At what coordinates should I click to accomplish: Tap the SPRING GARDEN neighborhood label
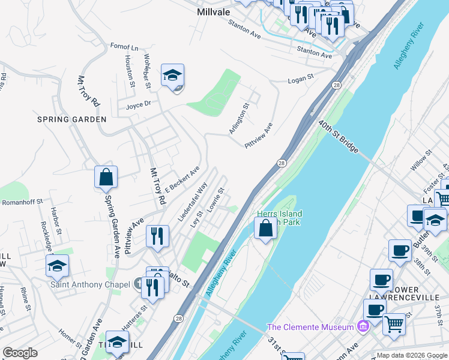point(72,119)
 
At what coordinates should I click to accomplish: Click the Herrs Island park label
point(279,218)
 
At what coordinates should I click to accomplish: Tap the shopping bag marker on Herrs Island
point(265,229)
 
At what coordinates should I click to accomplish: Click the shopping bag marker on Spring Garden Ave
point(106,178)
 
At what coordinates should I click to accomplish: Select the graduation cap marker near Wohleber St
point(172,76)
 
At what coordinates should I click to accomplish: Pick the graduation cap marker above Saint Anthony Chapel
point(57,266)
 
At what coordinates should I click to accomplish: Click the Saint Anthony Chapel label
point(90,284)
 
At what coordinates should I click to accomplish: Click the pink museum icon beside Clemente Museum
point(362,327)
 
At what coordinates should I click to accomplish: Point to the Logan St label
point(301,78)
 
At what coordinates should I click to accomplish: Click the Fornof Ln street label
point(124,47)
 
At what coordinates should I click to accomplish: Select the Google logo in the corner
point(20,353)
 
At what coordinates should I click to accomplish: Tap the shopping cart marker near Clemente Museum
point(394,324)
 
